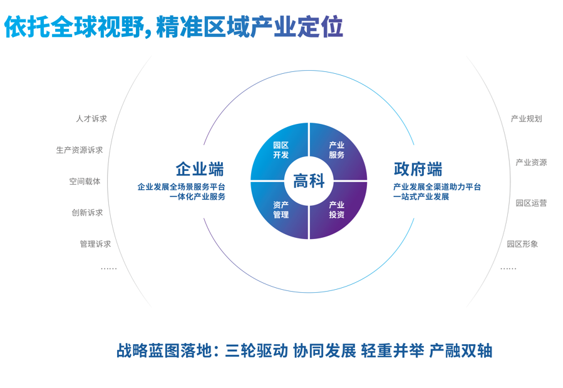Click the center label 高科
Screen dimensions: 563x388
click(x=309, y=180)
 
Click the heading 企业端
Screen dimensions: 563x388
click(x=200, y=169)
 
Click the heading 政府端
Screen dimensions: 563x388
click(x=418, y=169)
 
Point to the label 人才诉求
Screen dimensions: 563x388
click(x=91, y=118)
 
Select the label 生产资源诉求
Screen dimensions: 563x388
click(x=80, y=150)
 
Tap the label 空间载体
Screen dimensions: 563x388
click(x=85, y=181)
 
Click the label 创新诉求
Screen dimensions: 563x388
click(x=87, y=213)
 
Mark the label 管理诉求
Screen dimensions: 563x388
click(x=96, y=244)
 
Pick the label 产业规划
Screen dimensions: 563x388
click(x=527, y=118)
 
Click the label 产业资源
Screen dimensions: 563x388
click(x=532, y=163)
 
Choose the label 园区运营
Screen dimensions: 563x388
click(x=532, y=203)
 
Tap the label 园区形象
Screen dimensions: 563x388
click(x=522, y=244)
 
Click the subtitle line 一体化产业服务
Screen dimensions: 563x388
click(x=197, y=197)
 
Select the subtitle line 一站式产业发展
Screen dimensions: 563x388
click(x=421, y=197)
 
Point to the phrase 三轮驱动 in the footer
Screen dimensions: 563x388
click(x=256, y=350)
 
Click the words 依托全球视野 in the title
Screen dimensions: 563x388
click(x=75, y=26)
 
